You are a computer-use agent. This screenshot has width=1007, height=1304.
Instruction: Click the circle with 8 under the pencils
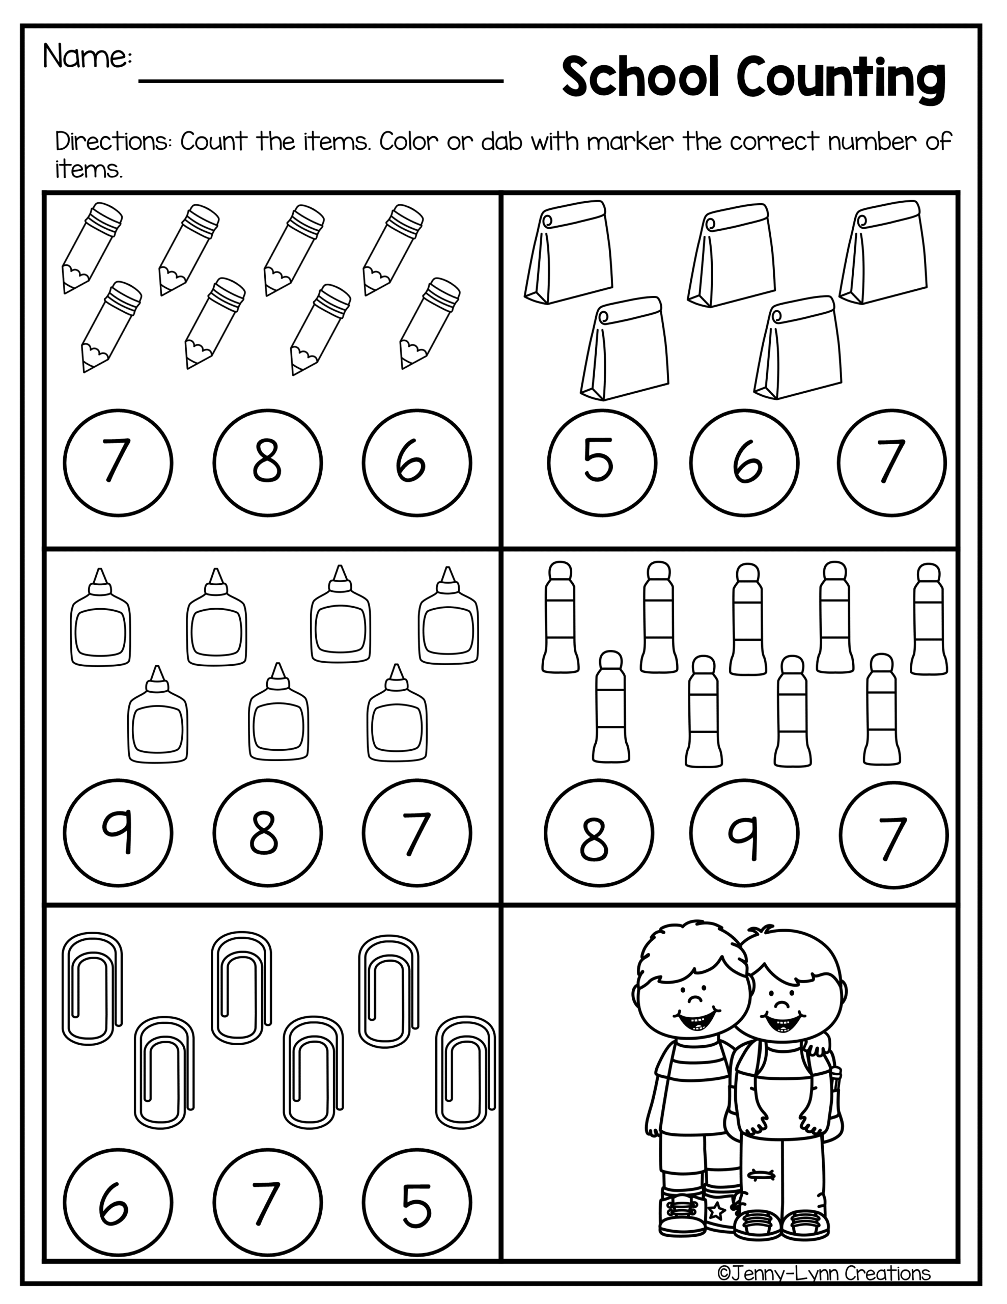pos(268,463)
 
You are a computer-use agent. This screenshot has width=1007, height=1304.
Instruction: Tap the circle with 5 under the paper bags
pos(602,462)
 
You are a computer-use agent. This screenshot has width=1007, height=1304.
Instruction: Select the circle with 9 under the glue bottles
pos(118,833)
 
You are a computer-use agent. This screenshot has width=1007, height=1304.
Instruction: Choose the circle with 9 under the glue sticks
pos(744,833)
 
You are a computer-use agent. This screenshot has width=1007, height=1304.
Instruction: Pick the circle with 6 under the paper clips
pos(118,1203)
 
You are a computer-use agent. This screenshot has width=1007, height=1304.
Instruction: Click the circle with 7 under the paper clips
pos(268,1203)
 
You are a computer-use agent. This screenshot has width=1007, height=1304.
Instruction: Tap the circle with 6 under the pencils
pos(416,463)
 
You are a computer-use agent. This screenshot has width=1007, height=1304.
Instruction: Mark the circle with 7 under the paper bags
pos(892,462)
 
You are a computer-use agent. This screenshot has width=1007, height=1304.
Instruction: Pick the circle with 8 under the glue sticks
pos(599,833)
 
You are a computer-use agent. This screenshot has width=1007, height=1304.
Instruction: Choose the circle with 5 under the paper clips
pos(416,1203)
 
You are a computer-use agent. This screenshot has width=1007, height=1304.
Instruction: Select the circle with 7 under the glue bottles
pos(416,833)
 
